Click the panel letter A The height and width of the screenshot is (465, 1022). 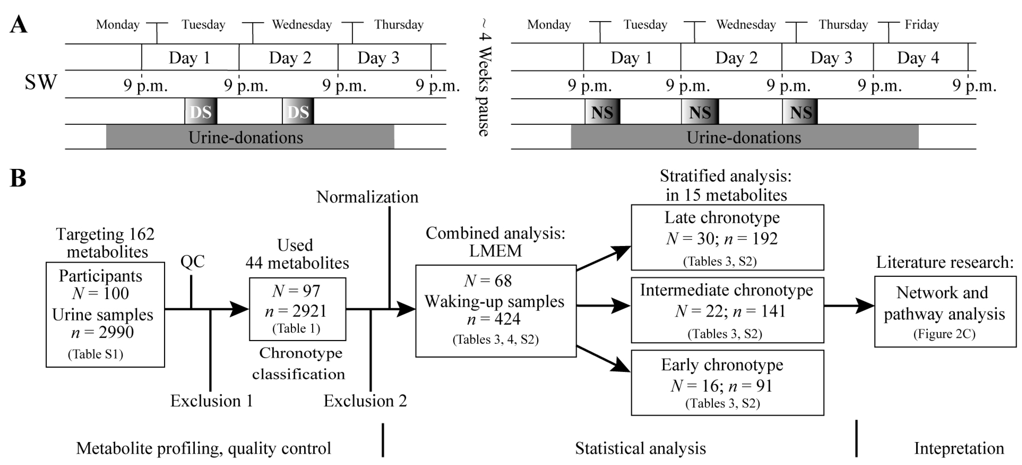(18, 25)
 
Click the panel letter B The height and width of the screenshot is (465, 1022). (18, 178)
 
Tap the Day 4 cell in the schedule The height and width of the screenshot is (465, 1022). (918, 58)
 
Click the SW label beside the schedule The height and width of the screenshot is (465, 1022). (41, 82)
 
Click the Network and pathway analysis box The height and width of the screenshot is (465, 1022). (945, 312)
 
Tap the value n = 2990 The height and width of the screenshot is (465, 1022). (102, 332)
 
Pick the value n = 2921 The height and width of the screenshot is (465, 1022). (296, 311)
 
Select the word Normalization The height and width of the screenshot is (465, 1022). (367, 197)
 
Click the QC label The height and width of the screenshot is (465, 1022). (192, 261)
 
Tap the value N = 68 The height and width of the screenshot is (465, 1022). (488, 281)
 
